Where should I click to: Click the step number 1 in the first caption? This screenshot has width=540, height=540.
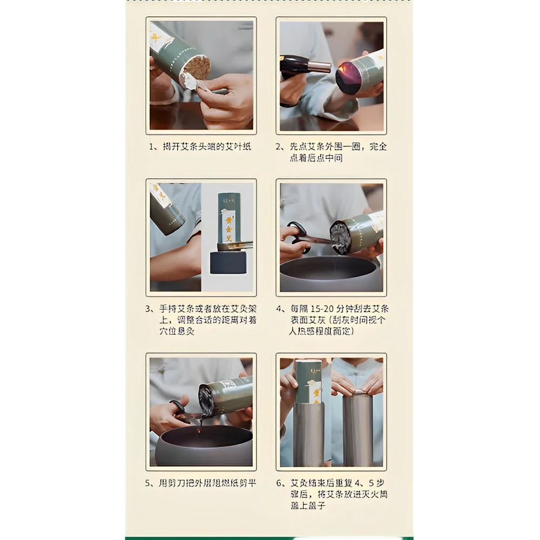(152, 146)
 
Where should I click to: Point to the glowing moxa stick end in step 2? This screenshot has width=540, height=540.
(348, 78)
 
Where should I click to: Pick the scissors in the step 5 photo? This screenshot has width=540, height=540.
(181, 413)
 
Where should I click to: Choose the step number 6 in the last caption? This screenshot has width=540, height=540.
(280, 483)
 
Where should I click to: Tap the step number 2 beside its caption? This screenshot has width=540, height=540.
(280, 146)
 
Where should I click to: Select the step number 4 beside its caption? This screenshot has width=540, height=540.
(280, 309)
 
